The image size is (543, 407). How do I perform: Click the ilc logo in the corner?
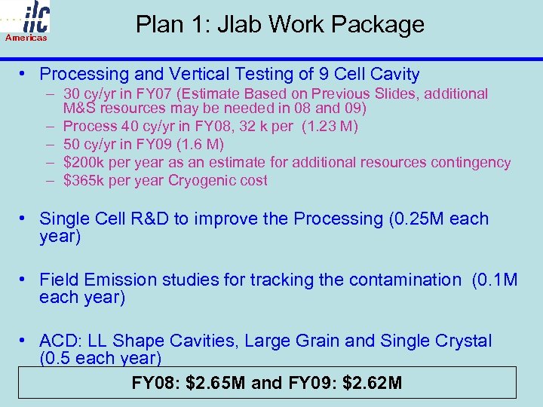pyautogui.click(x=26, y=17)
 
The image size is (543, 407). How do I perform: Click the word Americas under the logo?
pyautogui.click(x=26, y=37)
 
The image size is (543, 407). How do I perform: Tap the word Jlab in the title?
pyautogui.click(x=239, y=24)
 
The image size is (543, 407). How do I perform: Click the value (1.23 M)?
pyautogui.click(x=330, y=126)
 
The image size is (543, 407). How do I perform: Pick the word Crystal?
pyautogui.click(x=461, y=341)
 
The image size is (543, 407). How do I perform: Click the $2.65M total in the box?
pyautogui.click(x=215, y=383)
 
